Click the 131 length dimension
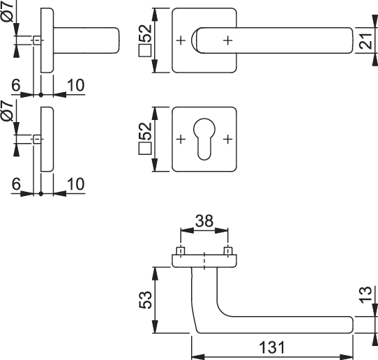(x=272, y=347)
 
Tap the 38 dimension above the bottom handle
(x=204, y=221)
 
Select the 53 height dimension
(x=145, y=300)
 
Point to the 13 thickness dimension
(x=366, y=294)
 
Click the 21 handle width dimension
(x=366, y=41)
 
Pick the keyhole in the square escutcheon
(x=204, y=139)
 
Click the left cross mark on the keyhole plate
(x=181, y=139)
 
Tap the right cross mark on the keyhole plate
(x=227, y=139)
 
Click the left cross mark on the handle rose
(x=181, y=40)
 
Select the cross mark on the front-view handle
(x=227, y=40)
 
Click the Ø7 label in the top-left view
(x=7, y=11)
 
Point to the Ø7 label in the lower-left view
(x=7, y=111)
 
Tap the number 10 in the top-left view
(x=76, y=85)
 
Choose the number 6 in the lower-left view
(x=16, y=184)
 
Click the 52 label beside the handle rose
(x=145, y=33)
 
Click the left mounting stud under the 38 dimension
(x=181, y=250)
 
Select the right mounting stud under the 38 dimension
(x=227, y=250)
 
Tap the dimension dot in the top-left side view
(x=41, y=95)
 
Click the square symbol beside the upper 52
(x=145, y=50)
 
